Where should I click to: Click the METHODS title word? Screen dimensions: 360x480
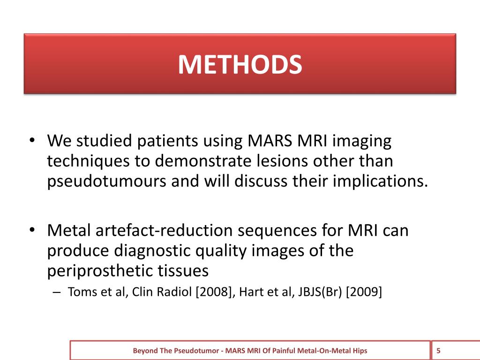tap(240, 65)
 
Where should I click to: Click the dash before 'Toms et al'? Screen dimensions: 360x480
tap(57, 292)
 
